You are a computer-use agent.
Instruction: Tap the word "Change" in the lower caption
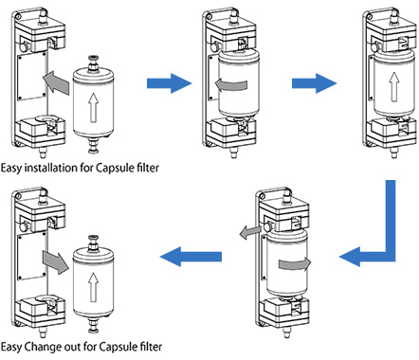click(43, 347)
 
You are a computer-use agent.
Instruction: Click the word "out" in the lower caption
click(72, 347)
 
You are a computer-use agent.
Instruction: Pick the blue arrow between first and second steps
click(170, 83)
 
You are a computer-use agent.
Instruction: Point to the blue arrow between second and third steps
click(314, 83)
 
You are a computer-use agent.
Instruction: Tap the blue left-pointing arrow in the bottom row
click(191, 257)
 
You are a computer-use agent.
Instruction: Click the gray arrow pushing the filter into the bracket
click(56, 82)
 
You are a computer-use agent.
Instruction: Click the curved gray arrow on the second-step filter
click(230, 84)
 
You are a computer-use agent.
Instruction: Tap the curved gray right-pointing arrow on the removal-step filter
click(295, 263)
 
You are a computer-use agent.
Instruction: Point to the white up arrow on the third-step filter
click(393, 87)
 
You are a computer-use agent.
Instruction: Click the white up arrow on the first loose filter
click(93, 107)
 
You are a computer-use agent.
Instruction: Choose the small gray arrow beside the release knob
click(249, 232)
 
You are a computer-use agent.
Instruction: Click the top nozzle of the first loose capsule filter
click(93, 63)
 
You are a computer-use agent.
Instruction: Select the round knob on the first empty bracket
click(24, 47)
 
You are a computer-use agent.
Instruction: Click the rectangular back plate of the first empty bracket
click(32, 77)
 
